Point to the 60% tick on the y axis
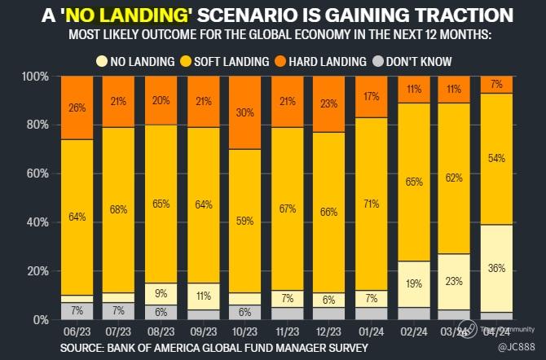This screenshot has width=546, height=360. pos(38,173)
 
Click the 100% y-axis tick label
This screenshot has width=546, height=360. pos(35,77)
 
